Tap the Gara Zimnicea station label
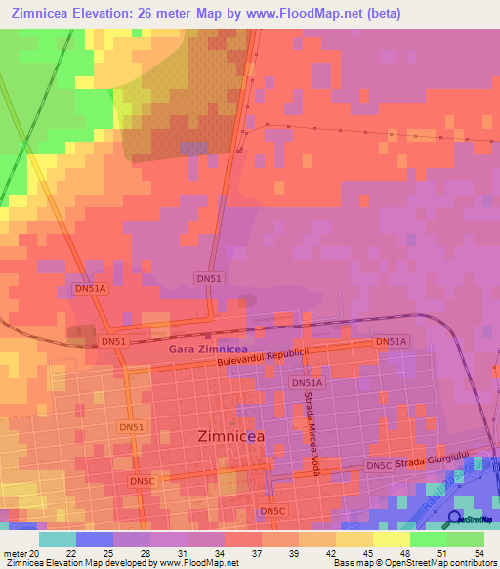pyautogui.click(x=207, y=349)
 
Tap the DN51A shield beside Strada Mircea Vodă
pyautogui.click(x=306, y=384)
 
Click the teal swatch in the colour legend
pyautogui.click(x=57, y=539)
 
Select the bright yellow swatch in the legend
pyautogui.click(x=391, y=539)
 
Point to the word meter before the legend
pyautogui.click(x=16, y=552)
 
